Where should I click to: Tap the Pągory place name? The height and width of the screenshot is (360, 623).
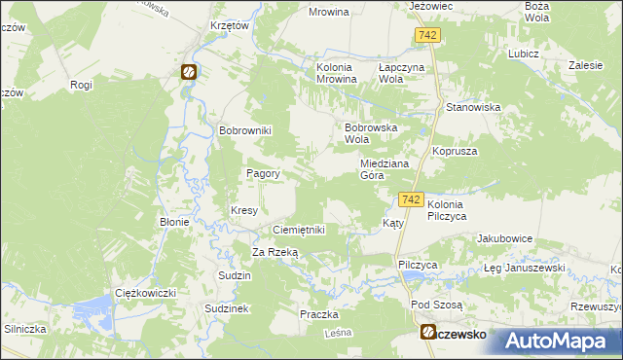click(x=263, y=173)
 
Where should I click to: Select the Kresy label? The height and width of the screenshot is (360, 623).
click(x=243, y=210)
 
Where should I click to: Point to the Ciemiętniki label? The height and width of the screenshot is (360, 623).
click(x=298, y=230)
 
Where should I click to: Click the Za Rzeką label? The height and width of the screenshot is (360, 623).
click(x=275, y=252)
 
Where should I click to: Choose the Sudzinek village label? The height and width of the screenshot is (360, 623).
click(x=228, y=307)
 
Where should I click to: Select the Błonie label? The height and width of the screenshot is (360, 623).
click(x=173, y=222)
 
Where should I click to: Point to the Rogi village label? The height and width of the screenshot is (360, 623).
click(x=81, y=85)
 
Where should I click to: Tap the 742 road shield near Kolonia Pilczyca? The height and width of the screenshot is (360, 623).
click(x=410, y=199)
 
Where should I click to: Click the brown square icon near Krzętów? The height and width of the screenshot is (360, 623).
click(x=188, y=71)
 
